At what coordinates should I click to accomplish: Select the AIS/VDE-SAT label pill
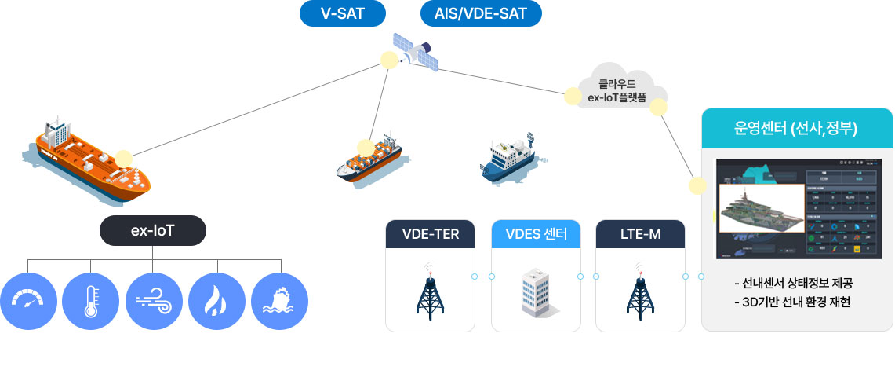click(482, 13)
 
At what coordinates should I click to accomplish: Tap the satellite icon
click(415, 50)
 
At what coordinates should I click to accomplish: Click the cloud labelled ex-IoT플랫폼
click(617, 90)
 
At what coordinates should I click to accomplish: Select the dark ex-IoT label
click(153, 231)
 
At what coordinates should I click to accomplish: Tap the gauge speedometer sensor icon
click(29, 301)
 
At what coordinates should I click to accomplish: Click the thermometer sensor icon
click(91, 301)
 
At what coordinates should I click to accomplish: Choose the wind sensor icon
click(154, 301)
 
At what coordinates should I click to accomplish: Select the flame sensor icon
click(216, 301)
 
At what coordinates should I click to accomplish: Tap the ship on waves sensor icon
click(279, 301)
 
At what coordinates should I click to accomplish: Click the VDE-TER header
click(431, 233)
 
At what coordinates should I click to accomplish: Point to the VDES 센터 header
click(536, 233)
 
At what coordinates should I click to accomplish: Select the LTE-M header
click(640, 233)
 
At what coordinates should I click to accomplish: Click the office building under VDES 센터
click(536, 292)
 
